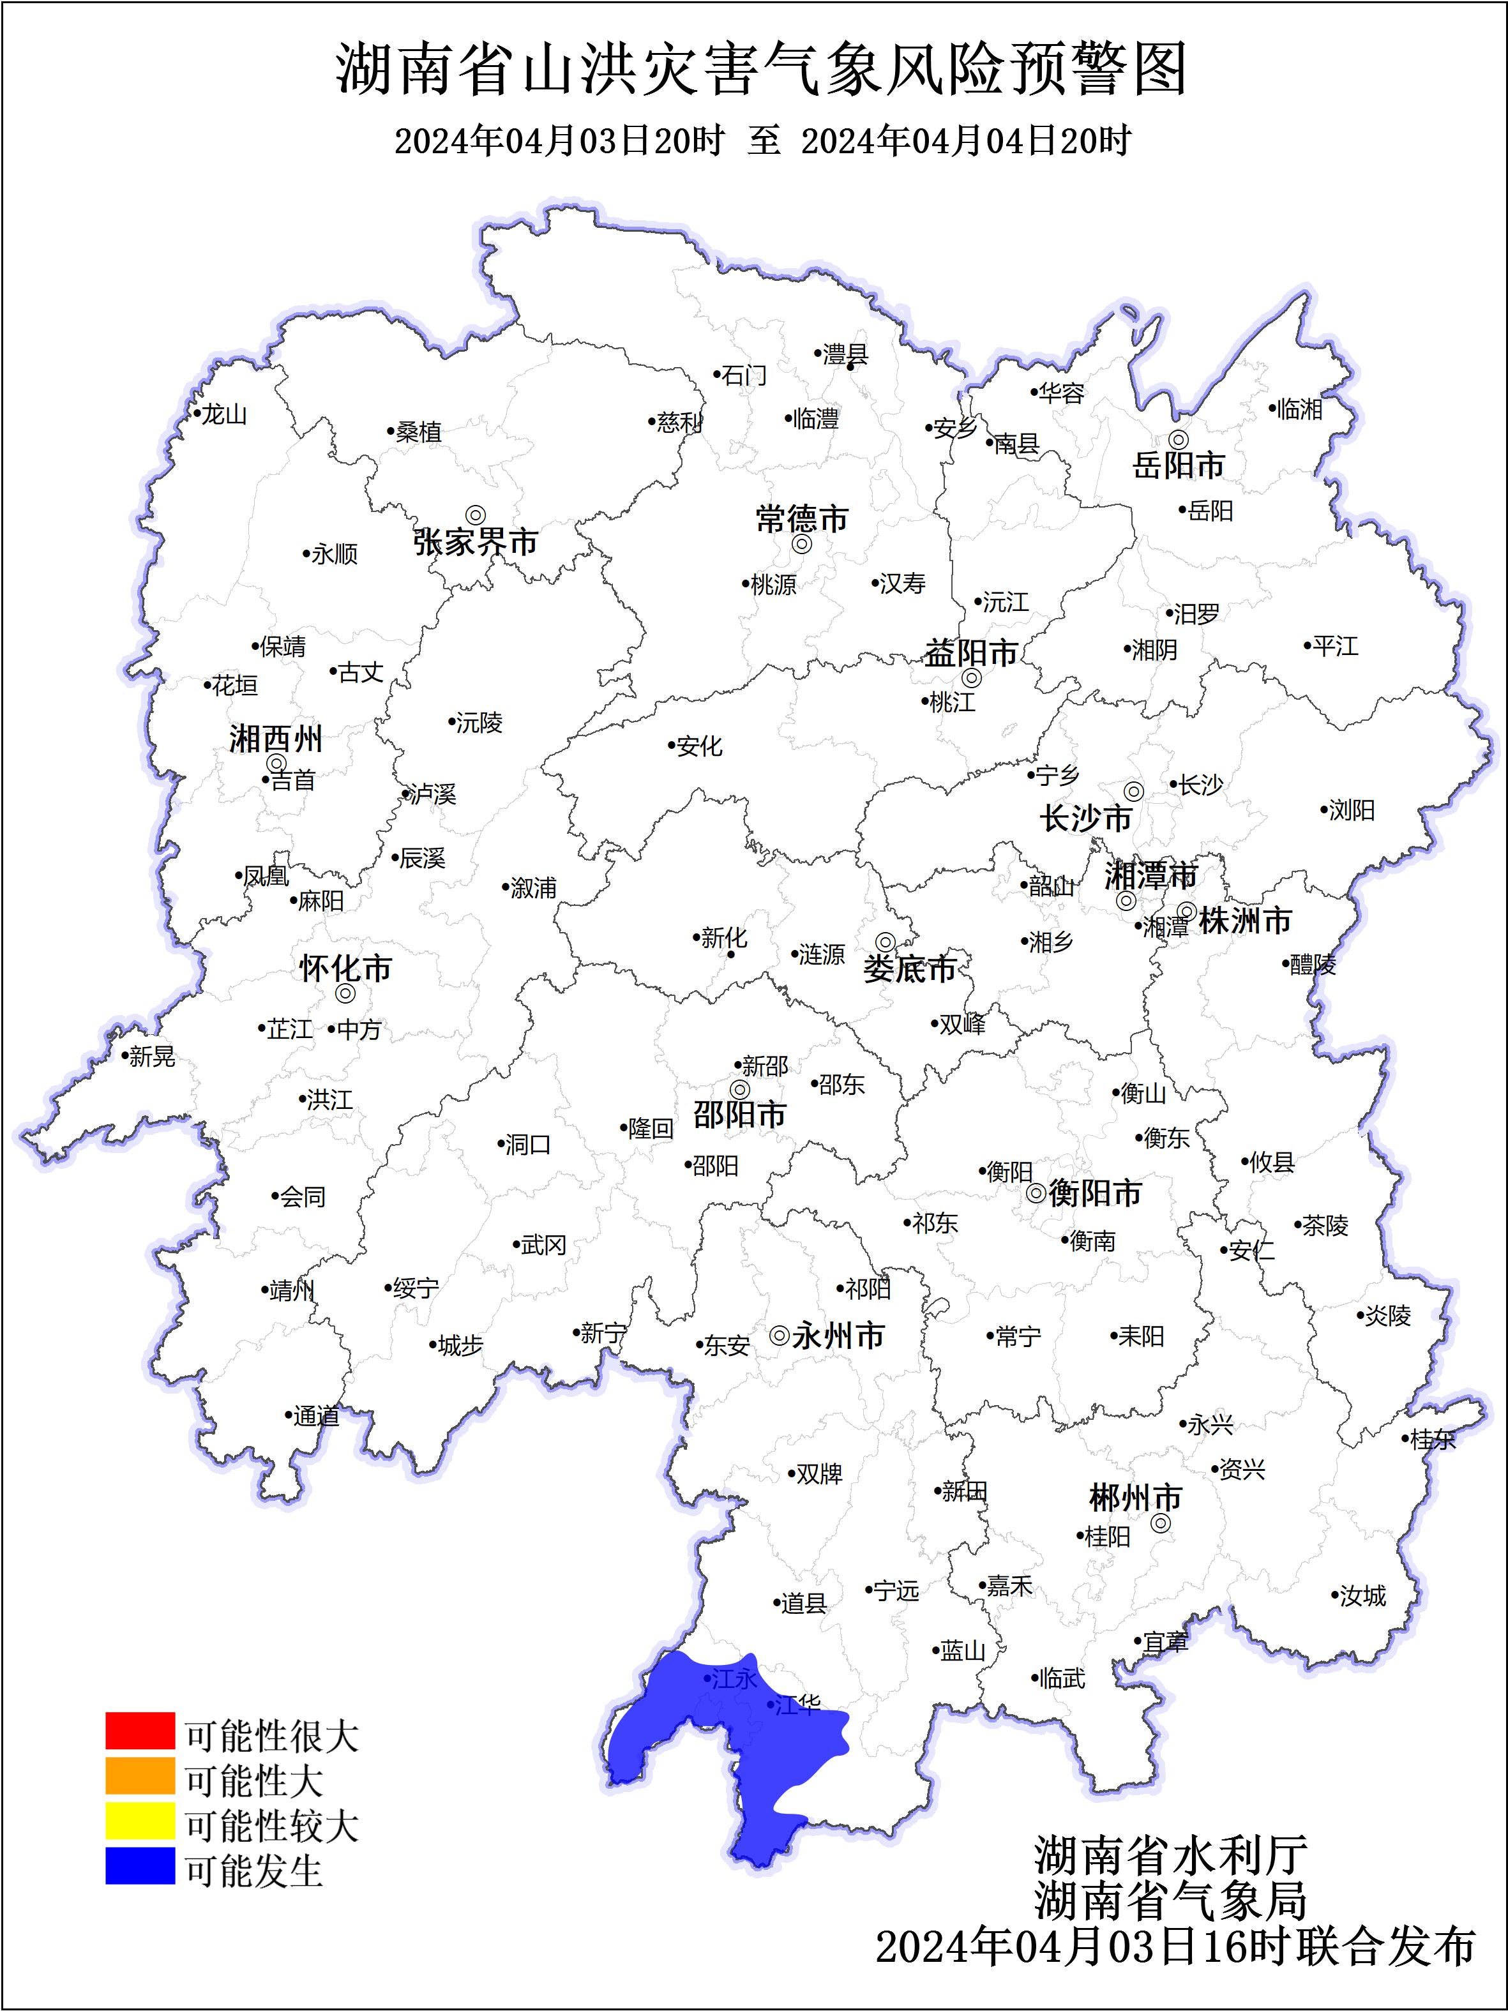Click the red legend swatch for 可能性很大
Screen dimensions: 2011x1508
click(x=139, y=1730)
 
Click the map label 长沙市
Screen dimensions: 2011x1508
click(x=1085, y=818)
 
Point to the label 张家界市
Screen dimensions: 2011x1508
click(x=476, y=543)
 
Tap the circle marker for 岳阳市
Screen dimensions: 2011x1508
click(x=1178, y=440)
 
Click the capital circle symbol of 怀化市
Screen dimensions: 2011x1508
click(x=345, y=993)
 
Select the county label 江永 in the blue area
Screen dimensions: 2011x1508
click(x=734, y=1678)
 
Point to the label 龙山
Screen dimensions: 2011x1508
click(x=223, y=414)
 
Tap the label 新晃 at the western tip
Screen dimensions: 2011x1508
click(x=152, y=1057)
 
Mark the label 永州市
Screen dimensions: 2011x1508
click(x=838, y=1336)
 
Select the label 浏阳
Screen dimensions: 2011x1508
click(x=1352, y=810)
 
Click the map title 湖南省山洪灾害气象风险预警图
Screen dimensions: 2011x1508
click(x=762, y=69)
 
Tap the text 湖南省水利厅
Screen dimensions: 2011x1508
click(x=1171, y=1855)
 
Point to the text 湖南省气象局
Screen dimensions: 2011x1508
click(x=1171, y=1899)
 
